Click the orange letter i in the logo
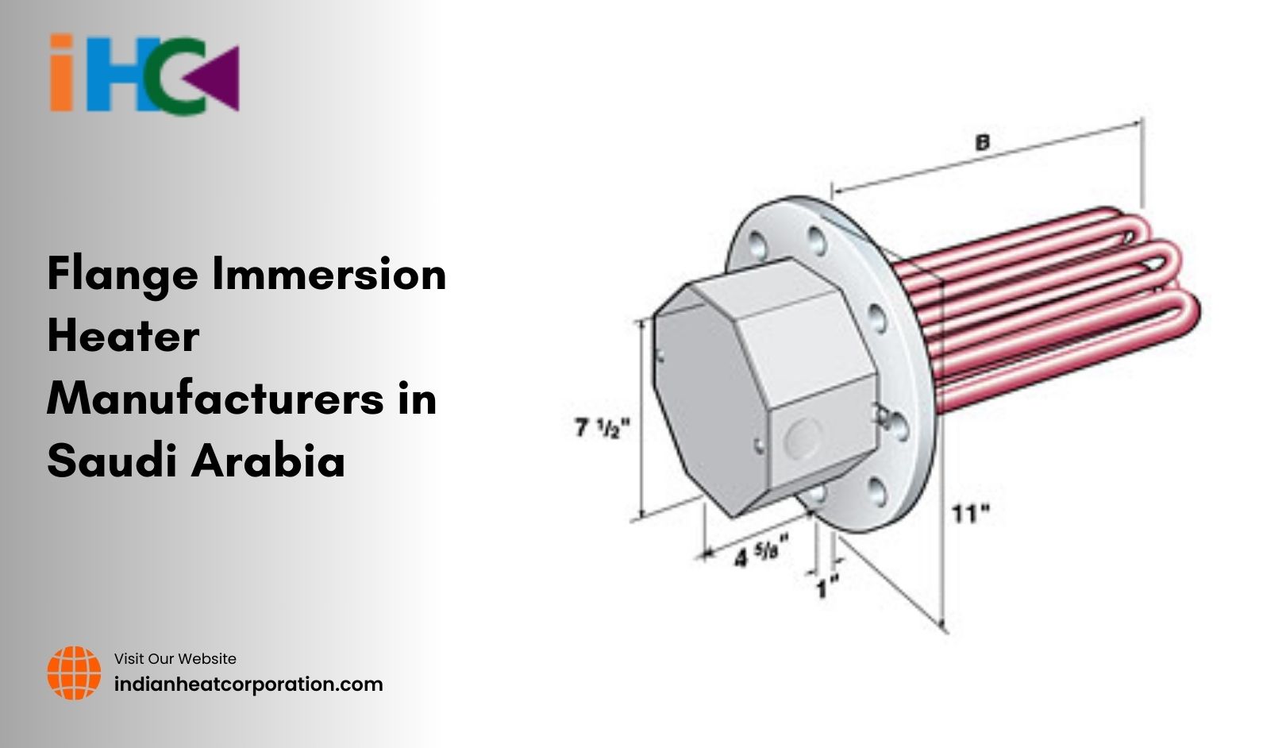tap(62, 73)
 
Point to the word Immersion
tap(329, 274)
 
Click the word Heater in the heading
tap(123, 336)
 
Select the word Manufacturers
tap(214, 398)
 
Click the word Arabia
tap(269, 460)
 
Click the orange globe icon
tap(74, 673)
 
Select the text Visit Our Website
tap(175, 659)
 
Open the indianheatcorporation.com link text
tap(248, 684)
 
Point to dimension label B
tap(982, 143)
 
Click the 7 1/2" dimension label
tap(602, 428)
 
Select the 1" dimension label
tap(827, 589)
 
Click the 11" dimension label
tap(971, 514)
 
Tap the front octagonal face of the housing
tap(710, 401)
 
